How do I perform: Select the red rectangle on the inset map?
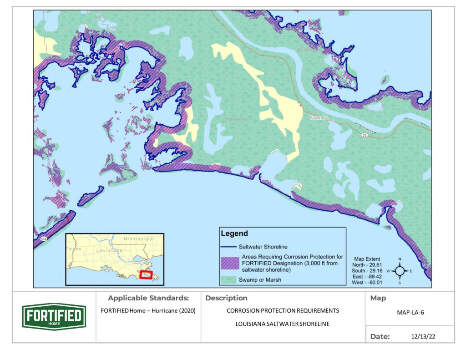(146, 274)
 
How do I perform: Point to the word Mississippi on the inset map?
(139, 238)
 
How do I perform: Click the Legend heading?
(234, 233)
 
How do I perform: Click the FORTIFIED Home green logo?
(54, 316)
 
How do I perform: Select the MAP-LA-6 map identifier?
(409, 313)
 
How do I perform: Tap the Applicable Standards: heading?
(148, 299)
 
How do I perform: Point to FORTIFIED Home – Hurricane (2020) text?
(148, 311)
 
